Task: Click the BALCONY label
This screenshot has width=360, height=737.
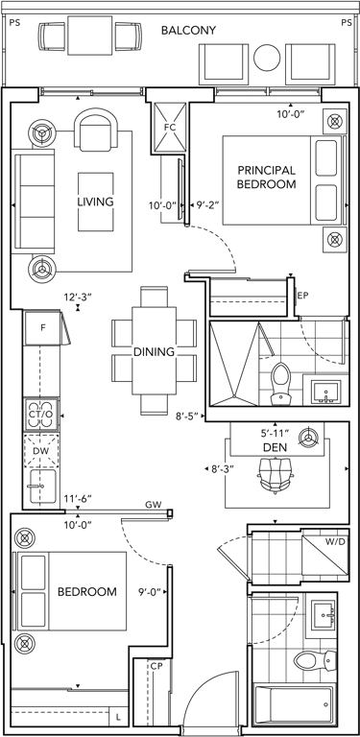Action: [x=188, y=31]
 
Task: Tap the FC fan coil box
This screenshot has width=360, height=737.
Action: [x=170, y=127]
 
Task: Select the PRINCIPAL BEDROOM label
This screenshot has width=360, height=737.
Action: [x=267, y=177]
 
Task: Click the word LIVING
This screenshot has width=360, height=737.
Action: [x=95, y=202]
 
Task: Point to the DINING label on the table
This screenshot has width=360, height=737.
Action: [x=154, y=351]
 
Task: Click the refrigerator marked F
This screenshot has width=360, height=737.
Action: [x=43, y=327]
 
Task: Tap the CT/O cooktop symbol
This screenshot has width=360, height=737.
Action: [x=42, y=415]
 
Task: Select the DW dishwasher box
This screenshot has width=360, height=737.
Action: [x=41, y=451]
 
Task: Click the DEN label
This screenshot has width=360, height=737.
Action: [x=276, y=448]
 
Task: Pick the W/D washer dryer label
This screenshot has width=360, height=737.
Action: [x=336, y=541]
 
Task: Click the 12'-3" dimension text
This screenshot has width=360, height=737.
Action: [x=78, y=297]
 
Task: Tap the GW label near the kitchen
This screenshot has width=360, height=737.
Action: [x=154, y=505]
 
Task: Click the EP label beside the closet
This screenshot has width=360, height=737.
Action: [x=302, y=296]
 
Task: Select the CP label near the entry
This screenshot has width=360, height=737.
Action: [x=156, y=666]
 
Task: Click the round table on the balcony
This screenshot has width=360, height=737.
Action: [x=267, y=57]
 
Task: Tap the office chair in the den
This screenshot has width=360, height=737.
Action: [x=276, y=474]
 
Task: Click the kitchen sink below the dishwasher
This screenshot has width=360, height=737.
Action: [x=41, y=486]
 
